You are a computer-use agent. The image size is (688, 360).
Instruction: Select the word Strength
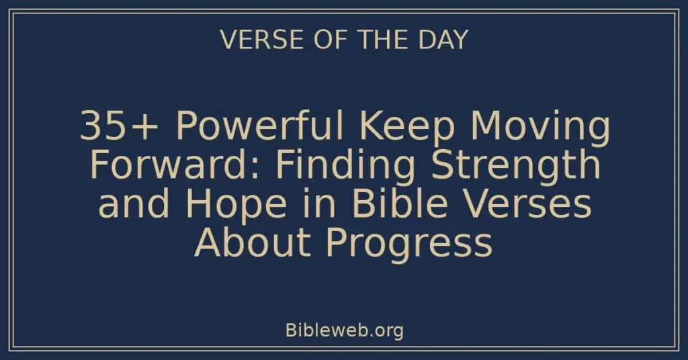click(x=515, y=166)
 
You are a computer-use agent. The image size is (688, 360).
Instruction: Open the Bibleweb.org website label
click(x=344, y=330)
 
